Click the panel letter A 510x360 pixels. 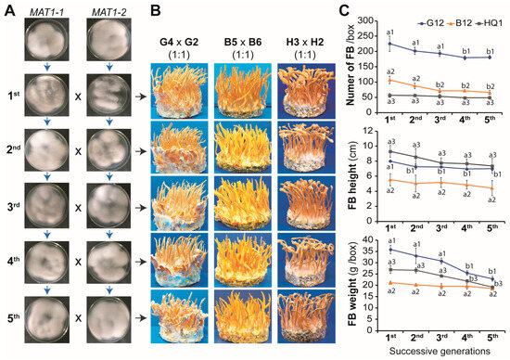coord(6,8)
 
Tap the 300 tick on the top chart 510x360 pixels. coord(373,20)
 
